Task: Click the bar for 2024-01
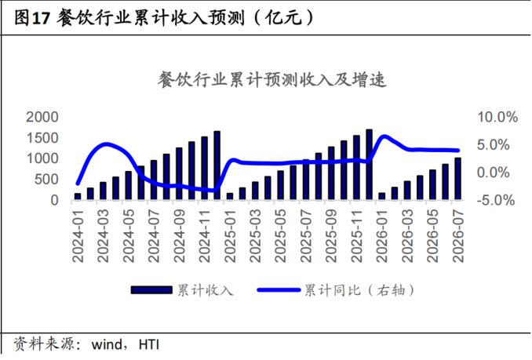pyautogui.click(x=78, y=196)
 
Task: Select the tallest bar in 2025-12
pyautogui.click(x=369, y=165)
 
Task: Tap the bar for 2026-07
pyautogui.click(x=458, y=179)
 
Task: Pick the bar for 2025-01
pyautogui.click(x=230, y=196)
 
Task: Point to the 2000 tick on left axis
pyautogui.click(x=42, y=117)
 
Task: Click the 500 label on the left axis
pyautogui.click(x=46, y=180)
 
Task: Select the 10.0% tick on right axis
pyautogui.click(x=497, y=117)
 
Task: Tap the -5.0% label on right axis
pyautogui.click(x=496, y=200)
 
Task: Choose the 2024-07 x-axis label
pyautogui.click(x=154, y=235)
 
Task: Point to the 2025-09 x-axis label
pyautogui.click(x=331, y=235)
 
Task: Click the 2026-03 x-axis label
pyautogui.click(x=407, y=235)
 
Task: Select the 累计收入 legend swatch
pyautogui.click(x=151, y=290)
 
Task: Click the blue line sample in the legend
pyautogui.click(x=279, y=290)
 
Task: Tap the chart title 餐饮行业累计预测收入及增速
pyautogui.click(x=272, y=80)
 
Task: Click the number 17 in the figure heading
pyautogui.click(x=41, y=17)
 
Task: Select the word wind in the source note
pyautogui.click(x=107, y=344)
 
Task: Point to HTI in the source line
pyautogui.click(x=149, y=344)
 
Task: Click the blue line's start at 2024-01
pyautogui.click(x=78, y=184)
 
